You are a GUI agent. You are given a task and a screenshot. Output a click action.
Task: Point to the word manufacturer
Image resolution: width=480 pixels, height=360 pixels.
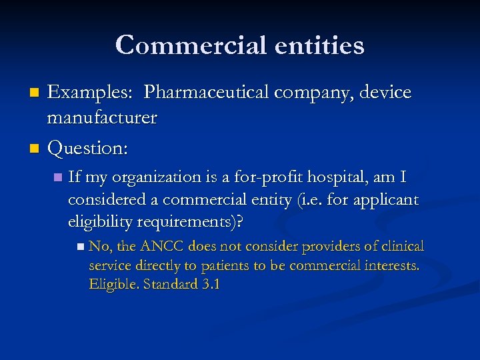[101, 118]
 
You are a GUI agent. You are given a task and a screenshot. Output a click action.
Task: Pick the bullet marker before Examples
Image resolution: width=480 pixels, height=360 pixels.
[37, 92]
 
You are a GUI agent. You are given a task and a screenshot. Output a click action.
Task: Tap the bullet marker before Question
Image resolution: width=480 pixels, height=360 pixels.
[37, 147]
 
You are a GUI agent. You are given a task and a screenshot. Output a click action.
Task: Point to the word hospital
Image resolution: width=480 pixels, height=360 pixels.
[328, 178]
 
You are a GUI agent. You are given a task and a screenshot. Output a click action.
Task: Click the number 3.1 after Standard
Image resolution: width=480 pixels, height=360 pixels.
[210, 284]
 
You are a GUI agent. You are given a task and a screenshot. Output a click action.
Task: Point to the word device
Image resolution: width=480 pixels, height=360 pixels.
[386, 92]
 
